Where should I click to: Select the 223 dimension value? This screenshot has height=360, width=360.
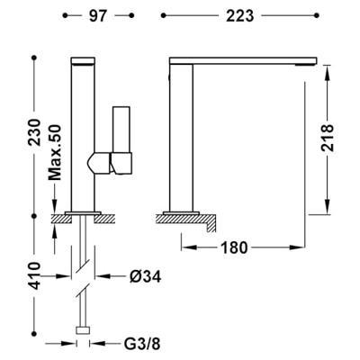coord(241,15)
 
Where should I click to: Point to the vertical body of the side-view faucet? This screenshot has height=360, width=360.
coord(184,135)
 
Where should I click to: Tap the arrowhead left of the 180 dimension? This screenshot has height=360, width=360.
coord(185,245)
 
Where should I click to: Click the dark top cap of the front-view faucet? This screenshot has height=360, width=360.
coord(82,61)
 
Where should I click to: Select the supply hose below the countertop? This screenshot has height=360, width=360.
coord(84,270)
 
